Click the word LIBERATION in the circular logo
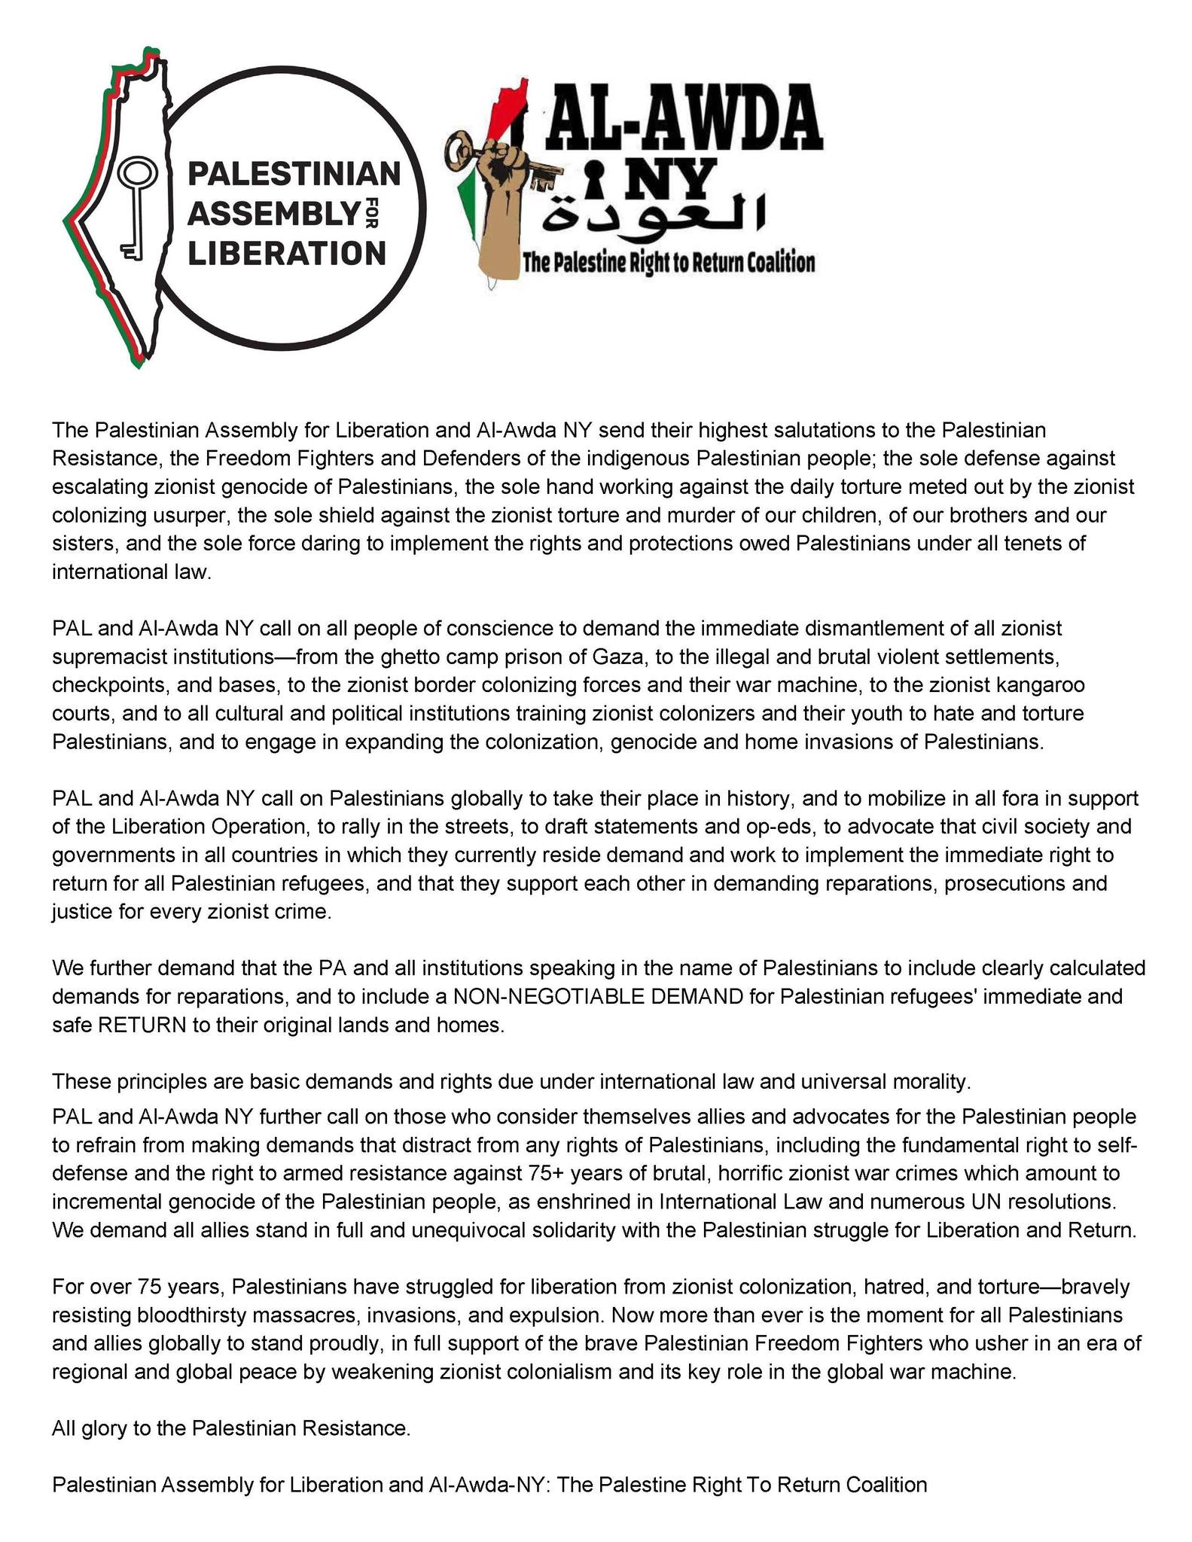tap(286, 253)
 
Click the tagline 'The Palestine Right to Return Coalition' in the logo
tap(669, 263)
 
